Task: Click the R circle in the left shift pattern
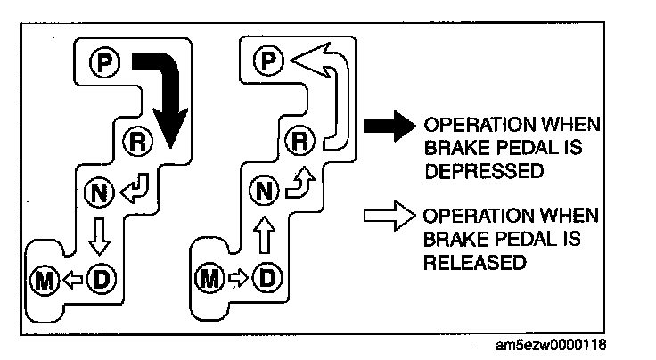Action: [130, 139]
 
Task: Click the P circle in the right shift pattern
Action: [266, 61]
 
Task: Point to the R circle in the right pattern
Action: [301, 139]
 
